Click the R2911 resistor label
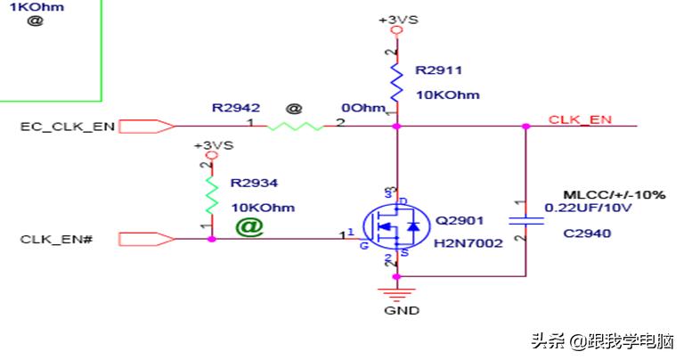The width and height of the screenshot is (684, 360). click(439, 70)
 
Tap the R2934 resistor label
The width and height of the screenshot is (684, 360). click(255, 183)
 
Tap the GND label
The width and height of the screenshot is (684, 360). click(397, 311)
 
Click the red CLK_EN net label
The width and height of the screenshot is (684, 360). click(579, 119)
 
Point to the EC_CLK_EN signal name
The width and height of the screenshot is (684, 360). click(67, 127)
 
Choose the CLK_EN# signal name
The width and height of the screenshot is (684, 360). click(56, 240)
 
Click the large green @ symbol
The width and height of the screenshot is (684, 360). click(249, 227)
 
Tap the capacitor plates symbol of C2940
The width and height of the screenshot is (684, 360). click(525, 220)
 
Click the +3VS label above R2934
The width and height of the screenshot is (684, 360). click(214, 145)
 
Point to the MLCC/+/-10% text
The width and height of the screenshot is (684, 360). click(615, 194)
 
